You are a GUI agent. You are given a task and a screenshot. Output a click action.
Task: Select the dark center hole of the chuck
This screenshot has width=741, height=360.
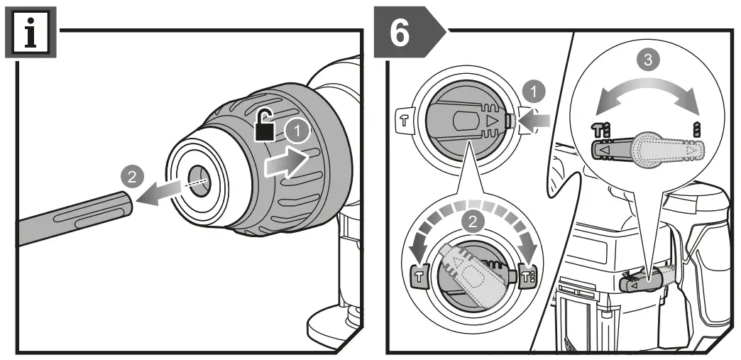(x=194, y=178)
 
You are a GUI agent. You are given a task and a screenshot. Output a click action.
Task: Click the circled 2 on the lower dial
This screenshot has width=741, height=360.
(x=470, y=221)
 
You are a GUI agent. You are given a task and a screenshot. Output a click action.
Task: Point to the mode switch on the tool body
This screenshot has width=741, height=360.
(x=643, y=282)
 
